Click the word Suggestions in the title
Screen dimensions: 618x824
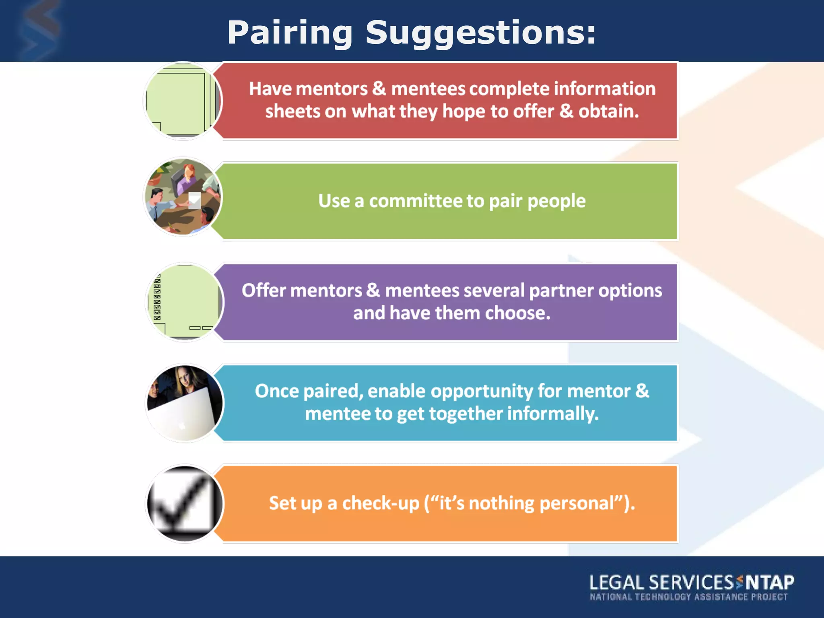tap(481, 33)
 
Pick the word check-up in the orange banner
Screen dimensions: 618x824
tap(381, 503)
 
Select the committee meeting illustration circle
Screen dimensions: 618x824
tap(183, 197)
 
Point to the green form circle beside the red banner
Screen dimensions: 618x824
tap(183, 101)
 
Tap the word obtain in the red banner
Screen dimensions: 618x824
tap(608, 111)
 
